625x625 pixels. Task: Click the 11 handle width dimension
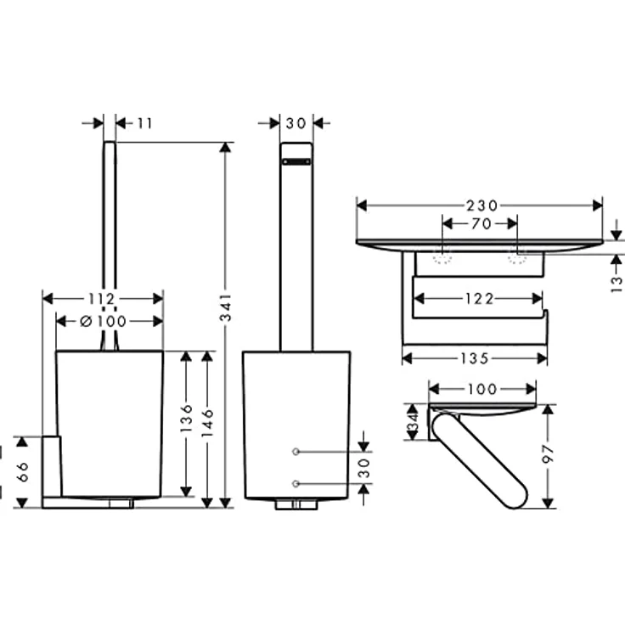click(144, 123)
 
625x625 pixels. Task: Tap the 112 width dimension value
click(102, 298)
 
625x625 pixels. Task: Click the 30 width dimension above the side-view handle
click(296, 123)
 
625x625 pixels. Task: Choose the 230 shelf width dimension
click(480, 205)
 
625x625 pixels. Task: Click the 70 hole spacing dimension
click(480, 224)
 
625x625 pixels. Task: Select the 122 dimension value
click(480, 298)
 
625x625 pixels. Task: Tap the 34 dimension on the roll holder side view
click(413, 420)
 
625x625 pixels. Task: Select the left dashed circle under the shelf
click(442, 257)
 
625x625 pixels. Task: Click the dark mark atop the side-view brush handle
click(296, 160)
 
